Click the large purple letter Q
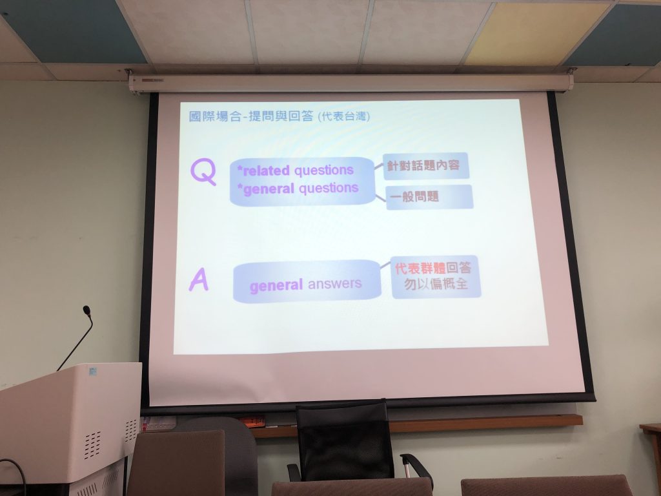(203, 172)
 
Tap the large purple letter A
(199, 280)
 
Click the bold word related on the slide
(266, 170)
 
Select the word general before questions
(269, 189)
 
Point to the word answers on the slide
(335, 284)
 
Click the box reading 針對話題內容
(426, 165)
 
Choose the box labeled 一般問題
(429, 196)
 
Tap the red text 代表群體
(420, 268)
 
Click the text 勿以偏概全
(436, 284)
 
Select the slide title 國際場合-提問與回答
(251, 116)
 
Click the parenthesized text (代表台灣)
(344, 116)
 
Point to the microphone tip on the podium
(87, 311)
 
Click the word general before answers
(276, 286)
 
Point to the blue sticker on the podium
(92, 372)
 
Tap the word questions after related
(324, 170)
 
